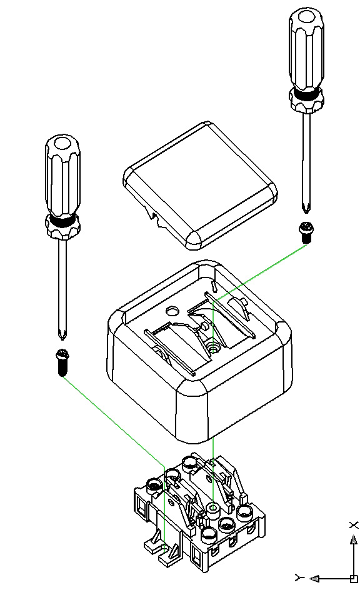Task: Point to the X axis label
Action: pos(354,525)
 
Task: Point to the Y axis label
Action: pos(299,577)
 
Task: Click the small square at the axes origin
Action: pos(353,578)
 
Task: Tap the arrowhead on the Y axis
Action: pos(314,578)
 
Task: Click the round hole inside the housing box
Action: pos(173,311)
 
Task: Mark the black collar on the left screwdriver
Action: pos(62,221)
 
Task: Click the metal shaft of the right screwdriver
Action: pos(306,159)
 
